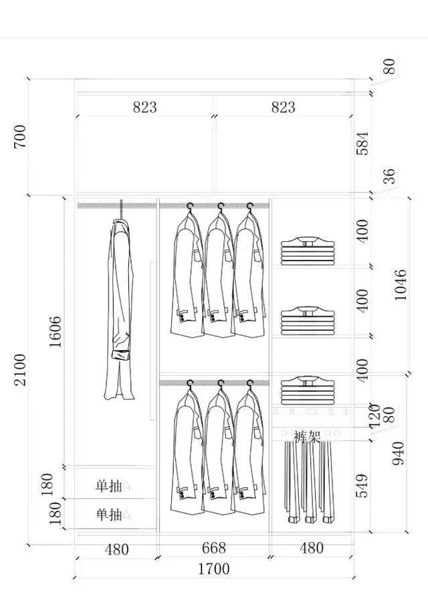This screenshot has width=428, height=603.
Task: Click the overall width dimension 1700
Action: click(x=213, y=569)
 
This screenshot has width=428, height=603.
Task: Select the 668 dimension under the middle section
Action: click(x=213, y=548)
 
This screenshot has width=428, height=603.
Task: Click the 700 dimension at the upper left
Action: click(x=19, y=136)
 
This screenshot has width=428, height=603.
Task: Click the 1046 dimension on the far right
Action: click(x=400, y=284)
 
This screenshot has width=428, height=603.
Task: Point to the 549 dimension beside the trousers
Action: click(x=362, y=486)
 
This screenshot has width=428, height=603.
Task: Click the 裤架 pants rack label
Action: click(x=307, y=437)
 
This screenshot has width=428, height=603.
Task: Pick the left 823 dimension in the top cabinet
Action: click(x=144, y=107)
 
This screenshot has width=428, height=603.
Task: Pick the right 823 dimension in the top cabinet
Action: click(x=283, y=107)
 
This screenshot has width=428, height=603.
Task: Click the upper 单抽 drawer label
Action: click(x=108, y=485)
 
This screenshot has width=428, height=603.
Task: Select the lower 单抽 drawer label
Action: click(x=108, y=515)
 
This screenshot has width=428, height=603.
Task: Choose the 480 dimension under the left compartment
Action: click(x=117, y=550)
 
